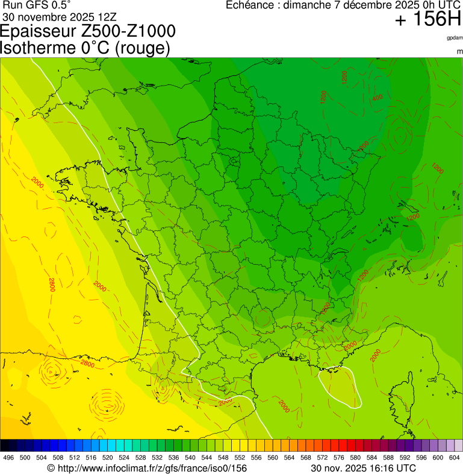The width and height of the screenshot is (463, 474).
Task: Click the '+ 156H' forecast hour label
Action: pos(427,21)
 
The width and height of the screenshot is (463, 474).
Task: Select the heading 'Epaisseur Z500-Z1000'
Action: pos(89,31)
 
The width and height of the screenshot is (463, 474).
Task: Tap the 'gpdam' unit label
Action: pos(455,38)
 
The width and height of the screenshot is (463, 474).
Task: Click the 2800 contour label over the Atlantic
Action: pos(52,285)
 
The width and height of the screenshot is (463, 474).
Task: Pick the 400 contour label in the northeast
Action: pos(378,98)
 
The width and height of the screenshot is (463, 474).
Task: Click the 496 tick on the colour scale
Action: pos(8,458)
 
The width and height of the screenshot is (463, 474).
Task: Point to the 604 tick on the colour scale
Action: pos(455,458)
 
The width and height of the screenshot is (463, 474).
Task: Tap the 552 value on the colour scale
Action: pos(239,458)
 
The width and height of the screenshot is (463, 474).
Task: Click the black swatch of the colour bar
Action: pos(5,446)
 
